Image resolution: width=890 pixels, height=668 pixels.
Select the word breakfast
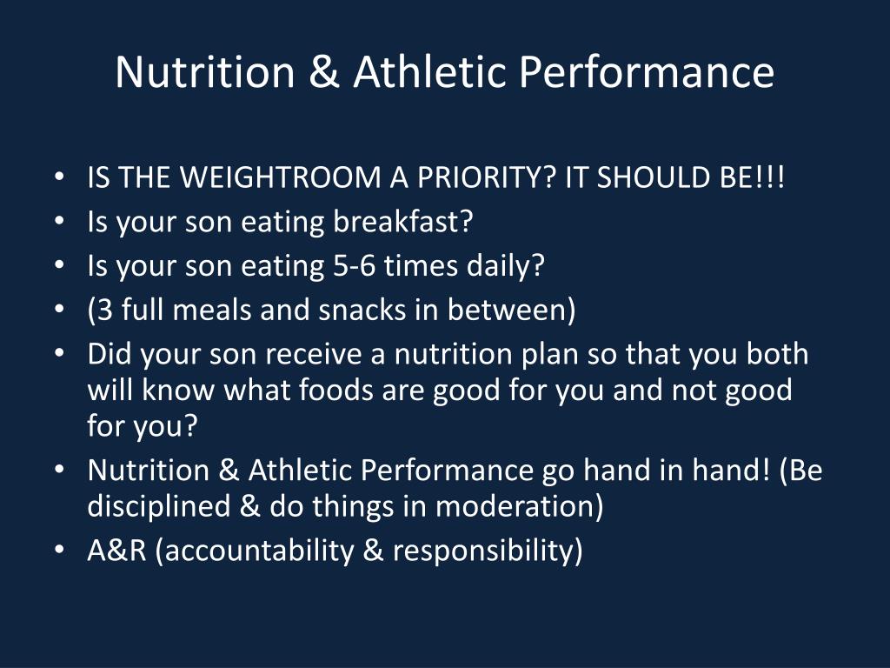click(x=403, y=223)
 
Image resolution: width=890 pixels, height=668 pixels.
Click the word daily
click(x=503, y=266)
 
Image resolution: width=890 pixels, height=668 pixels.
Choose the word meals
click(x=222, y=311)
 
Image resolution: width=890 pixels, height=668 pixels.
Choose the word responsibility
click(x=487, y=551)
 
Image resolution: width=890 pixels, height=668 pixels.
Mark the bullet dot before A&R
click(x=58, y=551)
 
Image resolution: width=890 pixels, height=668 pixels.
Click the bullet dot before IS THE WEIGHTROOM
click(x=58, y=179)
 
